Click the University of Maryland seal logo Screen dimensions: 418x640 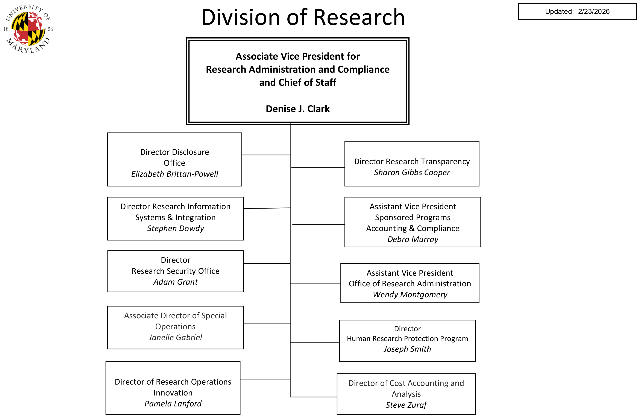pos(28,29)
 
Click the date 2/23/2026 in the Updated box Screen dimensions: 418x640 pos(593,12)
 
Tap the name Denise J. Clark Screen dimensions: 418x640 pos(297,109)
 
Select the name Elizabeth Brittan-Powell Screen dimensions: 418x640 pos(174,174)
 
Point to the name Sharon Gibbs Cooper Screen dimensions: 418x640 pos(412,173)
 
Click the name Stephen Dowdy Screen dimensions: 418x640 pos(175,228)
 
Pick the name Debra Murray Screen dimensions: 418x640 pos(413,239)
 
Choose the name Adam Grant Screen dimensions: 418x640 pos(175,282)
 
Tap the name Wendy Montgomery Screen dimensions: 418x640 pos(410,295)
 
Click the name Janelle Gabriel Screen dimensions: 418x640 pos(175,337)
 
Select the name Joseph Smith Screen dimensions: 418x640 pos(407,349)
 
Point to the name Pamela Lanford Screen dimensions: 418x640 pos(173,404)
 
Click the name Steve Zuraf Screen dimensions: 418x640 pos(406,405)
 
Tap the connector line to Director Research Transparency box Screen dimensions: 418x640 pos(318,168)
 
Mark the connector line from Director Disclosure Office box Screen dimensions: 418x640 pos(266,155)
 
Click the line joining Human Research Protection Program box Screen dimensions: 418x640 pos(315,343)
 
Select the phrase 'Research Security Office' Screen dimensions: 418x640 pos(175,271)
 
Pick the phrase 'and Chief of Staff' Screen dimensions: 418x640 pos(297,83)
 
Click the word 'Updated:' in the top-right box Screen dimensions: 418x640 pos(559,12)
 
